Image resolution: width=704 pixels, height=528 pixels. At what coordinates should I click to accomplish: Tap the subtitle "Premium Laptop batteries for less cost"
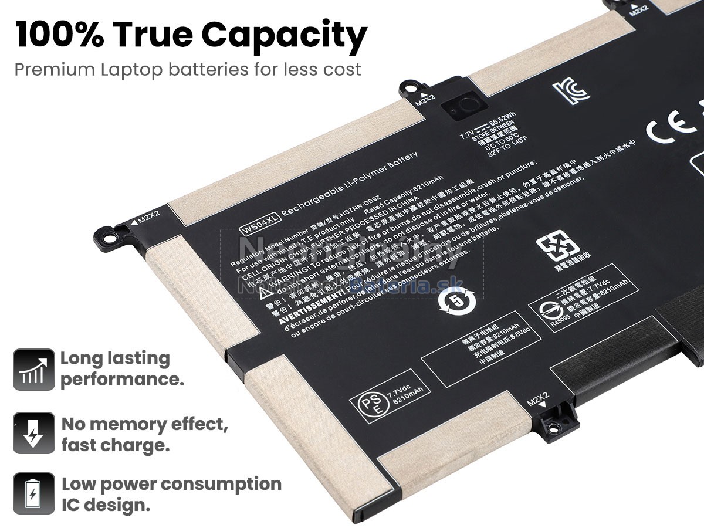[188, 69]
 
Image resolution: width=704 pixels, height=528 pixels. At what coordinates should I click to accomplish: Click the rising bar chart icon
[33, 370]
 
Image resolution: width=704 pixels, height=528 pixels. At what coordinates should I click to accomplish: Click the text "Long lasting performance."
[121, 368]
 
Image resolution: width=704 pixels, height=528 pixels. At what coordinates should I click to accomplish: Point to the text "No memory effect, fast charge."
[144, 434]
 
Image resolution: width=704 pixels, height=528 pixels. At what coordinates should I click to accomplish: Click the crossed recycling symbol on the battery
[557, 246]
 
